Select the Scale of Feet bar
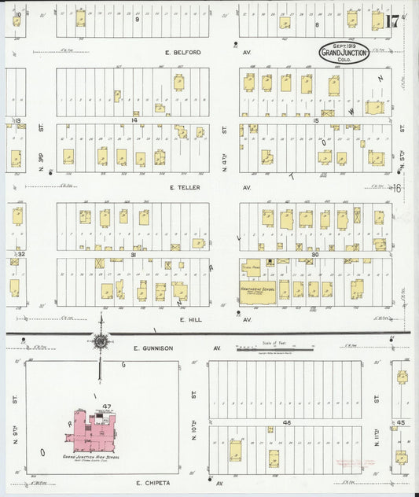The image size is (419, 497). [274, 348]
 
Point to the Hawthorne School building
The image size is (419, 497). [257, 289]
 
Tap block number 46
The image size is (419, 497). [286, 423]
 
